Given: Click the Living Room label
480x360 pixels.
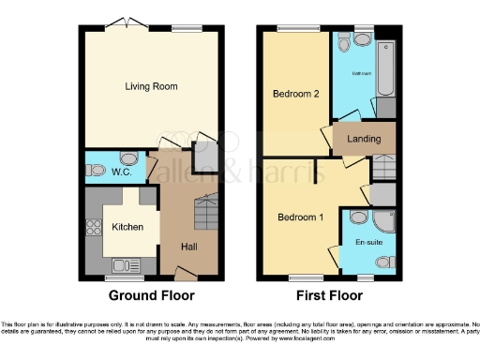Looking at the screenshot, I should pos(151,87).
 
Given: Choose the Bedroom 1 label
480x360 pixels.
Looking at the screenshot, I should pos(300,217).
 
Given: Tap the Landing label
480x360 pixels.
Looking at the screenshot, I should pos(364,139).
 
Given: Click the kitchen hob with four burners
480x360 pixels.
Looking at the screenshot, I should pos(93,227).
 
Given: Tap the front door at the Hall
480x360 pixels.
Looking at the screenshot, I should pos(187,273).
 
